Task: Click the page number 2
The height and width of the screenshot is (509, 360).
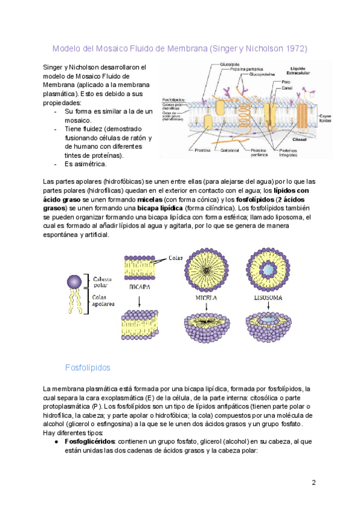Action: point(313,483)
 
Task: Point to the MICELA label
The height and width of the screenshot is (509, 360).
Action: point(206,297)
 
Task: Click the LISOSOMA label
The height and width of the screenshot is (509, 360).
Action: point(267,297)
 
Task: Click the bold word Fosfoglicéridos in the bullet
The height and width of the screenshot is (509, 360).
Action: point(89,441)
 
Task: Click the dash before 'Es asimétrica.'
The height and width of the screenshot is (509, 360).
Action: point(56,164)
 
